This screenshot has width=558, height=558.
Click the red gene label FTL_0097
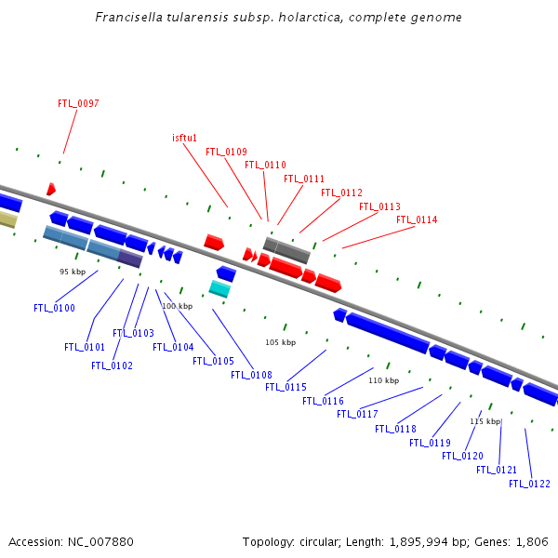point(78,103)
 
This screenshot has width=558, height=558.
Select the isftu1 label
point(184,138)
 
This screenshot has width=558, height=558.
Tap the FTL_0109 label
point(226,152)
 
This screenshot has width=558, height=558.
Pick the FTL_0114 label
point(417,220)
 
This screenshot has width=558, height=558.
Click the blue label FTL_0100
point(54,308)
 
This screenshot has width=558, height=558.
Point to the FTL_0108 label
point(251,375)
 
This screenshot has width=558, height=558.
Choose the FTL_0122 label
point(529,484)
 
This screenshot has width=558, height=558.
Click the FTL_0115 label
point(286,387)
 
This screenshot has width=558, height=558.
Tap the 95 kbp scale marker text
point(73,272)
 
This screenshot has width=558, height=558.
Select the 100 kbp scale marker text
point(177,306)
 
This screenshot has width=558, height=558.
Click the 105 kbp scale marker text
point(280,342)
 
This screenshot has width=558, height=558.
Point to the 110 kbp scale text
point(383,380)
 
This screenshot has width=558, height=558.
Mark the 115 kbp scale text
point(485,421)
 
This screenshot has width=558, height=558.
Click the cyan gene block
point(219,289)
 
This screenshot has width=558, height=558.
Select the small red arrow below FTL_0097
point(50,190)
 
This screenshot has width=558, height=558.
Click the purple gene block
point(129,259)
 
